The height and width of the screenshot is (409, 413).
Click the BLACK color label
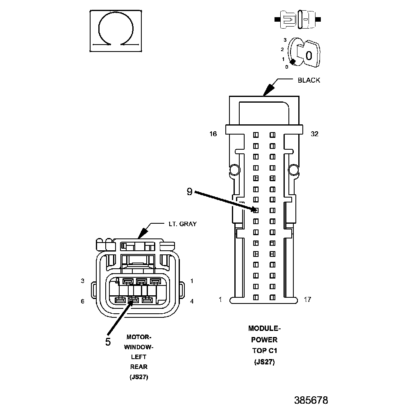(x=309, y=80)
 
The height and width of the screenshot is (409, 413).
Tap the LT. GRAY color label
(x=182, y=224)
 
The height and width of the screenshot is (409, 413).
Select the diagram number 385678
(x=311, y=400)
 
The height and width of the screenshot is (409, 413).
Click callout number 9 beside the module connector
(x=189, y=191)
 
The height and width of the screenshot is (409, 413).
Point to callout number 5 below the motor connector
(x=108, y=342)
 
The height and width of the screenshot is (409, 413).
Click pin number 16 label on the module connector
(x=213, y=134)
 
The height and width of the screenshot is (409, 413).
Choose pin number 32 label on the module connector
(x=314, y=134)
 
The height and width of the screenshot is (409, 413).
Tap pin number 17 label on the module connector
(x=307, y=299)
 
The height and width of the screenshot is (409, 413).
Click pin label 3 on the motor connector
(x=82, y=281)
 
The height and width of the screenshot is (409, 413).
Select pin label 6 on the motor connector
(x=82, y=301)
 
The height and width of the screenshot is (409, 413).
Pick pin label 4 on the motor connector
(x=192, y=301)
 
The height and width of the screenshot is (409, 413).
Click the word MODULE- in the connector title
(x=264, y=328)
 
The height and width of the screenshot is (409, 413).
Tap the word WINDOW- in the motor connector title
(x=138, y=347)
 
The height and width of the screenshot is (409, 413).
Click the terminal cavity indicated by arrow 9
(x=255, y=210)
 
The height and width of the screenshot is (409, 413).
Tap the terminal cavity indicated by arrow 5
(x=132, y=301)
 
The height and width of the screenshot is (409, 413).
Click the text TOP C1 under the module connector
(x=264, y=351)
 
